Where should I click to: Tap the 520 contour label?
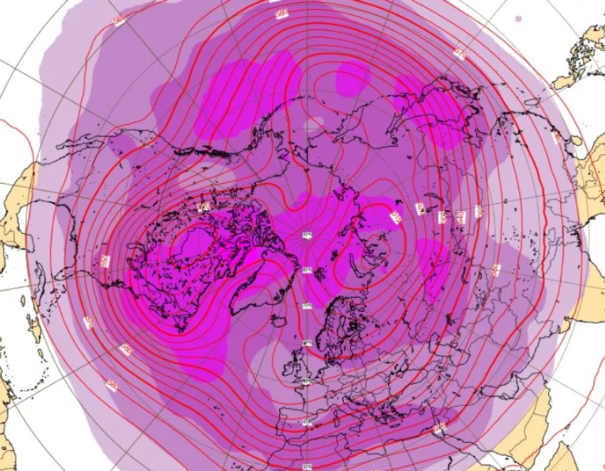pyautogui.click(x=420, y=209)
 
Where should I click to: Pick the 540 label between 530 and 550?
pyautogui.click(x=460, y=215)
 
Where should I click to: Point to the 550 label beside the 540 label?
pyautogui.click(x=478, y=212)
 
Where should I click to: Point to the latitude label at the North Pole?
pyautogui.click(x=307, y=234)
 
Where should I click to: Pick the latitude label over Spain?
pyautogui.click(x=307, y=423)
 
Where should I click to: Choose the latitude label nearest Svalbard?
pyautogui.click(x=307, y=269)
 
